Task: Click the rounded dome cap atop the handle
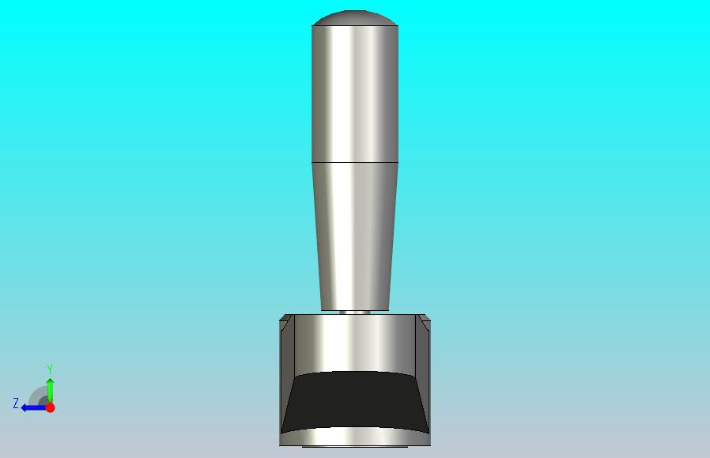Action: click(355, 17)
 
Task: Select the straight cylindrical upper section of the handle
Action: click(355, 94)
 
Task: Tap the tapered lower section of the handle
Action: click(355, 237)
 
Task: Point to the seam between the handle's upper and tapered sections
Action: click(355, 162)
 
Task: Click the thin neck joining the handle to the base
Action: click(355, 312)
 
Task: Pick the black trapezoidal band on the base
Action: click(355, 401)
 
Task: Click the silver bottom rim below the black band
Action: click(355, 437)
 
